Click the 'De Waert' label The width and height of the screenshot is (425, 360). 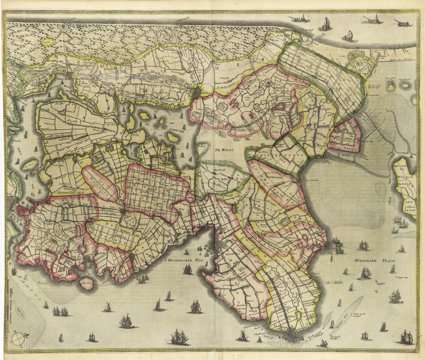pyautogui.click(x=223, y=150)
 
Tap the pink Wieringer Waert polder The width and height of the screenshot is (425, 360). pyautogui.click(x=345, y=135)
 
